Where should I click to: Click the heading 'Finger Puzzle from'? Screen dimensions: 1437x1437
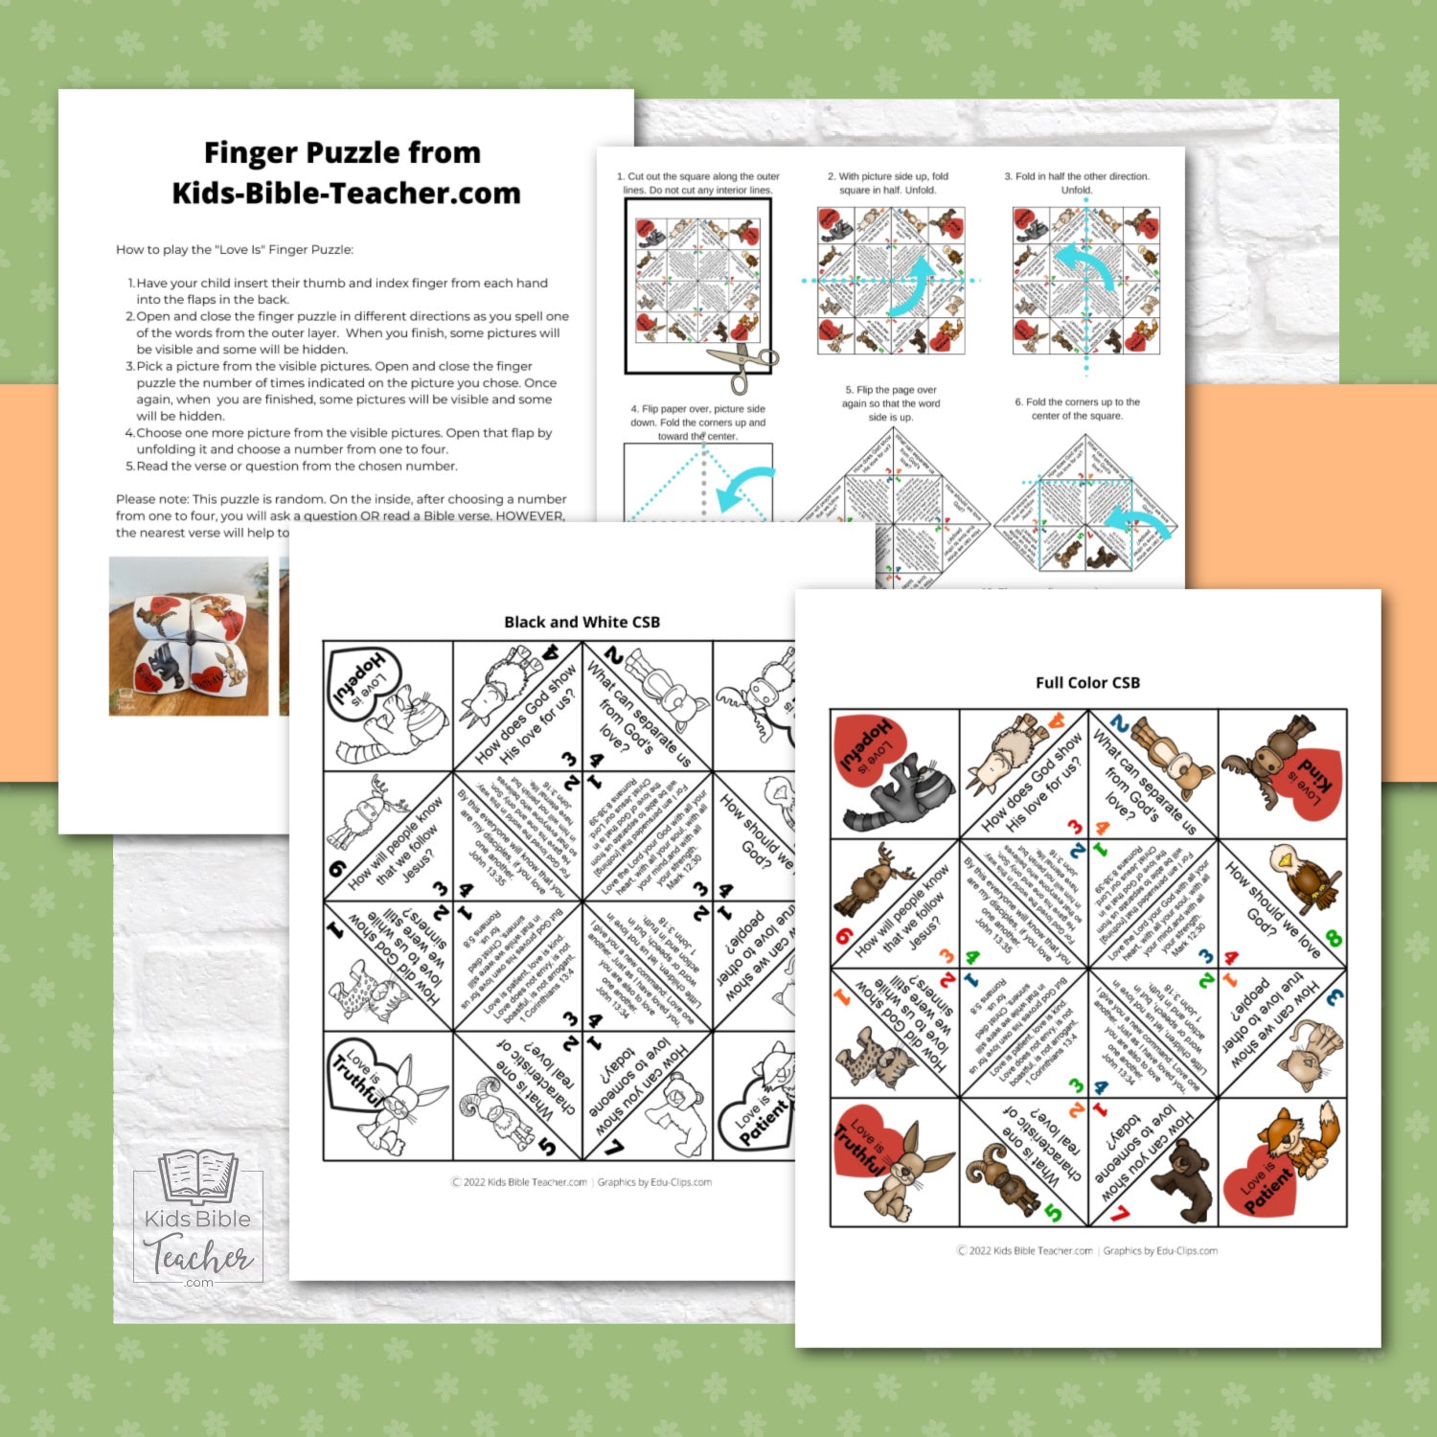(x=342, y=153)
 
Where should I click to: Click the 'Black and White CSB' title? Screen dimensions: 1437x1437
(x=582, y=623)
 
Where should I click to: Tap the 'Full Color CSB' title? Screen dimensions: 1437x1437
(x=1087, y=683)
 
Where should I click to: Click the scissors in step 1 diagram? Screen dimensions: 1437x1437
(x=741, y=368)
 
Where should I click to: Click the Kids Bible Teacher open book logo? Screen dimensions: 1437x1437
(x=198, y=1177)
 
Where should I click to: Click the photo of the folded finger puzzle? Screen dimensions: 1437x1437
(x=189, y=636)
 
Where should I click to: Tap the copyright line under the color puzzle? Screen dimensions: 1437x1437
(x=1087, y=1250)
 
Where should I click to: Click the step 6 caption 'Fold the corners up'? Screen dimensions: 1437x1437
(x=1077, y=408)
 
